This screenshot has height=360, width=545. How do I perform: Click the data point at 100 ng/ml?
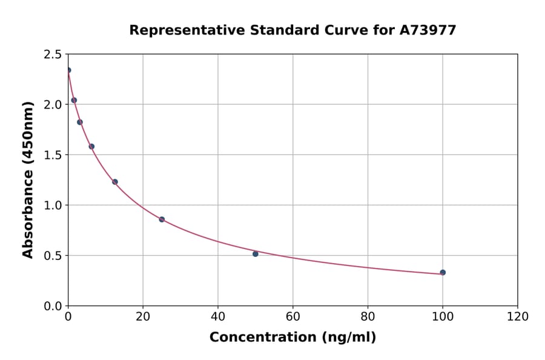click(443, 273)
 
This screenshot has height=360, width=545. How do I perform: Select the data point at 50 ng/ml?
click(256, 254)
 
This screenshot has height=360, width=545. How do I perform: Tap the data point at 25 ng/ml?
click(162, 219)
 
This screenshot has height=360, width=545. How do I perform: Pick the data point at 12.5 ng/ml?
click(115, 182)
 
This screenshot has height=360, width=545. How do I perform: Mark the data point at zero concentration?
click(68, 70)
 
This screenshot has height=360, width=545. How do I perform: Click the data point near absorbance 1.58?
click(91, 147)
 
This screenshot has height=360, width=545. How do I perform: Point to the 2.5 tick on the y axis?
click(53, 55)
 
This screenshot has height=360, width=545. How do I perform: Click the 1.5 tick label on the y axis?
click(53, 155)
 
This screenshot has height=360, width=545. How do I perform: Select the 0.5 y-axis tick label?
click(53, 256)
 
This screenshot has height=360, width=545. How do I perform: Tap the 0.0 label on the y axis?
click(53, 306)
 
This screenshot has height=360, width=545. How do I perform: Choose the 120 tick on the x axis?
click(517, 316)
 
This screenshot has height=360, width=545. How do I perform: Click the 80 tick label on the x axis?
click(368, 316)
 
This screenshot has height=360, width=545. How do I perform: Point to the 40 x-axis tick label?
click(218, 316)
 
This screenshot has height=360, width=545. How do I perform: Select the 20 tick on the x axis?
click(143, 316)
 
